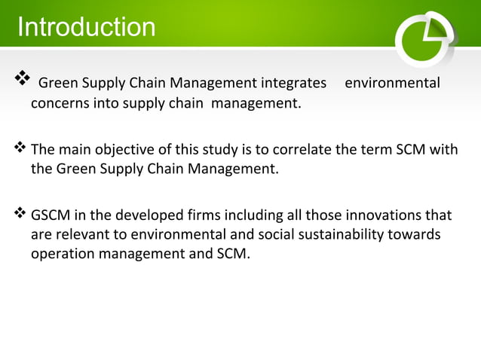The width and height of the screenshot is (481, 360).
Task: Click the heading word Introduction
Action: pyautogui.click(x=86, y=28)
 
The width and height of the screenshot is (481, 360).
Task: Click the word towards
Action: pyautogui.click(x=414, y=235)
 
